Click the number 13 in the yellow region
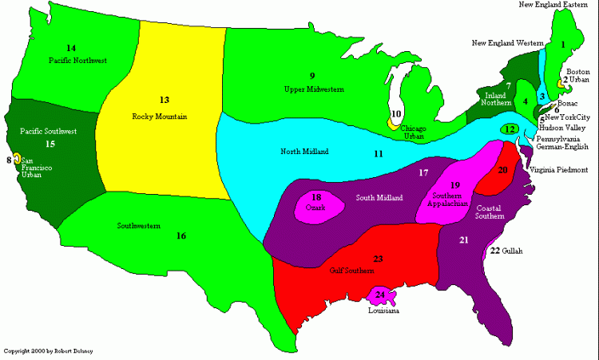click(x=165, y=100)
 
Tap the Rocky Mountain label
click(x=160, y=117)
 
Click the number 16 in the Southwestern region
click(x=181, y=235)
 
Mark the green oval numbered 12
click(x=510, y=129)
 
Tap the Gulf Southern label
click(x=351, y=270)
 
